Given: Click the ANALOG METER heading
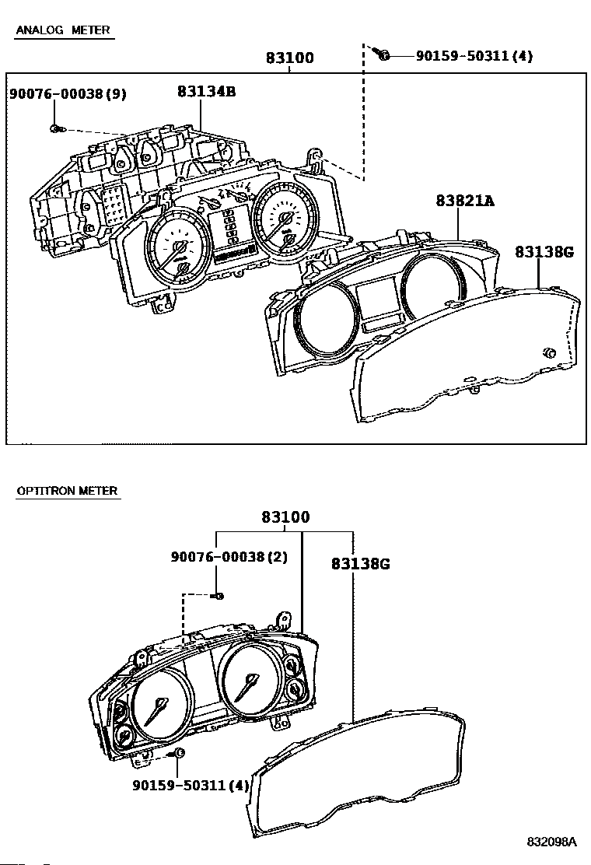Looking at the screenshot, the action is click(x=63, y=30).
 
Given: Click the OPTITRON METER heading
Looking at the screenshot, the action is click(x=67, y=490).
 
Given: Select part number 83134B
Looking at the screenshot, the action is click(x=207, y=92).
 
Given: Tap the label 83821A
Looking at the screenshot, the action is click(x=465, y=201).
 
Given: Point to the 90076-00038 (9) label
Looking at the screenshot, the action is click(x=68, y=94).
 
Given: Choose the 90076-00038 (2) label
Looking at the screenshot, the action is click(x=229, y=557).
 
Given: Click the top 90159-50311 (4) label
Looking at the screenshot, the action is click(x=474, y=56).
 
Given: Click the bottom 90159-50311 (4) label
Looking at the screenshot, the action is click(x=191, y=784).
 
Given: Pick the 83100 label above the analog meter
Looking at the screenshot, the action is click(x=290, y=58).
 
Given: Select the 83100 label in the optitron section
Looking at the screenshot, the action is click(x=285, y=517).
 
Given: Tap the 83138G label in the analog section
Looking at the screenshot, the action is click(x=544, y=252).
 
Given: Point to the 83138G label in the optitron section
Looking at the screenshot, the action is click(x=361, y=564).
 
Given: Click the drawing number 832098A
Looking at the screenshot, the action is click(x=552, y=842).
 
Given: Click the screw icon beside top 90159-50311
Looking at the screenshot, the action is click(x=382, y=54).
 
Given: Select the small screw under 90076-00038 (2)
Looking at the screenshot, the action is click(x=218, y=596).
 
